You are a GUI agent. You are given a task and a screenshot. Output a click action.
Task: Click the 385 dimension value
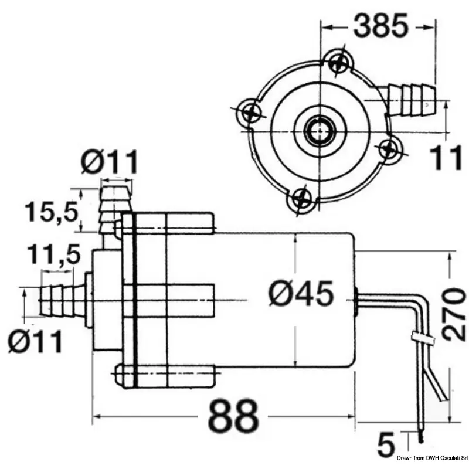click(380, 25)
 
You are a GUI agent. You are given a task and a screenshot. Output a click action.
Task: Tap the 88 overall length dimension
click(233, 417)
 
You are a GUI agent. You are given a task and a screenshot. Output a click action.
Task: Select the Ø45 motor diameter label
click(301, 294)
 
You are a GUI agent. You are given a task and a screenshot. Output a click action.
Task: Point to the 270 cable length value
click(454, 314)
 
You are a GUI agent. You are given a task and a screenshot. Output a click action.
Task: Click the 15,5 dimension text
click(52, 212)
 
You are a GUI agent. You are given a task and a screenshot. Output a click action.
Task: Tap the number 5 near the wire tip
click(386, 445)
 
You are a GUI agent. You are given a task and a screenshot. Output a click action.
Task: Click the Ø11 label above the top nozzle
click(110, 162)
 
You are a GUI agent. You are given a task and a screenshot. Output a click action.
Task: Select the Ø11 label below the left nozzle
click(35, 341)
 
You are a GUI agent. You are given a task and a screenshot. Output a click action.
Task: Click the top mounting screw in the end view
click(339, 63)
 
